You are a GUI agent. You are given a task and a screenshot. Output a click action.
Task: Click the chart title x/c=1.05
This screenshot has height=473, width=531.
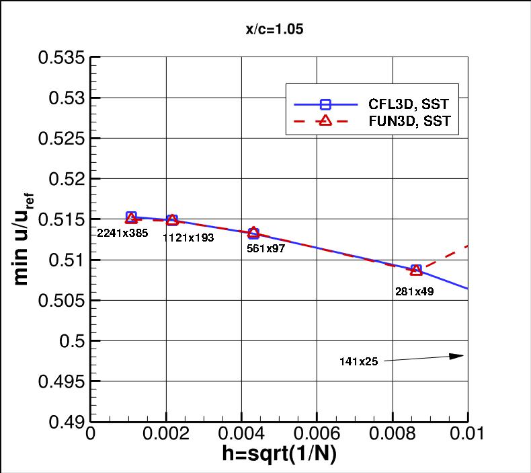pos(265,30)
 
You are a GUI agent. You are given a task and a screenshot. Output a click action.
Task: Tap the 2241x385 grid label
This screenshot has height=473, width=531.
pos(122,233)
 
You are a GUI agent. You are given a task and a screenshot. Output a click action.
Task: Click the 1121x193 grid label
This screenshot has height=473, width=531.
pos(188,237)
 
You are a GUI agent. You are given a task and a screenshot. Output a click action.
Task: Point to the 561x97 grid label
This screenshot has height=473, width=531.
pos(265,248)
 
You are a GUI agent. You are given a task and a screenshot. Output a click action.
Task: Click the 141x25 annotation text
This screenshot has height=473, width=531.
pos(358,361)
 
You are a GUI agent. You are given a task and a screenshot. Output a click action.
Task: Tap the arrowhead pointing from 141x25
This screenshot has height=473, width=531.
pos(459,356)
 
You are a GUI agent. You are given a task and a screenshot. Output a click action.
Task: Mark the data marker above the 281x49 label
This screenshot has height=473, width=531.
pos(416,270)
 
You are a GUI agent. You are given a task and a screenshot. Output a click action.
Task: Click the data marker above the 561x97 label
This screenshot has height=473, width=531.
pos(253,233)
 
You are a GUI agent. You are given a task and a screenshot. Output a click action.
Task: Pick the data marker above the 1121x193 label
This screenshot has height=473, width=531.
pos(172,220)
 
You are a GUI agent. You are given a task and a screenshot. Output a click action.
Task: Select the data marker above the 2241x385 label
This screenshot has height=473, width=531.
pos(131,217)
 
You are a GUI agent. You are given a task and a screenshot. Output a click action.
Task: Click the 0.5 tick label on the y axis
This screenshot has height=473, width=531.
pos(73,341)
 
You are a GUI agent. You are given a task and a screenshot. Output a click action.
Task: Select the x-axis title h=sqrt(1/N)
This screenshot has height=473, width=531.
pos(279,454)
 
